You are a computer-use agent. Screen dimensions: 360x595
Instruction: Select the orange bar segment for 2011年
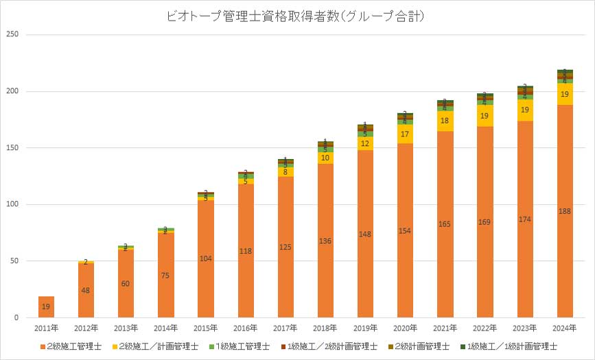coord(46,307)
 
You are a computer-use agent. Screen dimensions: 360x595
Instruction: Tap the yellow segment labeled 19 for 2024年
coord(564,94)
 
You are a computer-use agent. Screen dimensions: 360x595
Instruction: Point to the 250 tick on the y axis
coord(13,34)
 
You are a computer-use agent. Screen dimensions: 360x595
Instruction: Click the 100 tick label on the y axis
coord(13,204)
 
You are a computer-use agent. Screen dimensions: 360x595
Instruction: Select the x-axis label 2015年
coord(205,328)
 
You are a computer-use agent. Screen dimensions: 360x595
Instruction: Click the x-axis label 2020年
coord(404,328)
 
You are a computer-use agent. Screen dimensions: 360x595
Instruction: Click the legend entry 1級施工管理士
coord(241,346)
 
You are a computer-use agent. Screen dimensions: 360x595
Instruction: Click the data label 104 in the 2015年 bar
coord(205,258)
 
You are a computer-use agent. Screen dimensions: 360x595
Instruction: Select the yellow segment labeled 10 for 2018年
coord(325,158)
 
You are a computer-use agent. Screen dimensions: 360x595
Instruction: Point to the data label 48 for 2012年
coord(86,290)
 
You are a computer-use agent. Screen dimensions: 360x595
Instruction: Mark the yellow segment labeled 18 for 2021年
coord(444,121)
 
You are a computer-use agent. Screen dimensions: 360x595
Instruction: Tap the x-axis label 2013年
coord(126,328)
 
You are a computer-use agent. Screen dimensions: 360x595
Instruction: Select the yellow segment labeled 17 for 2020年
coord(404,134)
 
